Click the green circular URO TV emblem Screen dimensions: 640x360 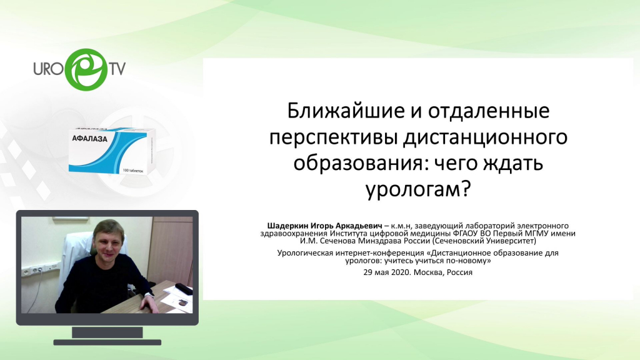point(86,70)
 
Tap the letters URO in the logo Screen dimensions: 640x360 point(49,69)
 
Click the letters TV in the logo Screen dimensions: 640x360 point(117,69)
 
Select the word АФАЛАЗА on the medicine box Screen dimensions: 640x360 point(89,139)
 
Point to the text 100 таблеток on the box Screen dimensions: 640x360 point(132,171)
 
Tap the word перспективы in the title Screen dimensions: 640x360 point(333,138)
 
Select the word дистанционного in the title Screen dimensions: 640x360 point(485,138)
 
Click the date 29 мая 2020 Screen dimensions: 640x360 point(386,272)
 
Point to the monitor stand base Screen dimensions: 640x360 point(107,342)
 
